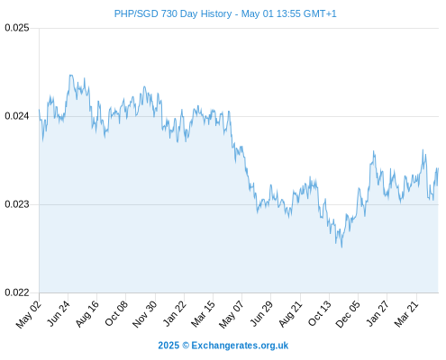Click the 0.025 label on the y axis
(17, 28)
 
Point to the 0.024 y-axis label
(17, 116)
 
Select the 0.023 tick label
(17, 204)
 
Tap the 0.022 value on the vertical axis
(17, 292)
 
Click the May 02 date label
(29, 314)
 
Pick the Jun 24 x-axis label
(59, 313)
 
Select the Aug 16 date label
(87, 314)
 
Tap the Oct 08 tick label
(116, 313)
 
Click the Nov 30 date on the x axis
(145, 314)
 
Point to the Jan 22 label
(175, 313)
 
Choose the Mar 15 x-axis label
(203, 314)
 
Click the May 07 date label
(232, 314)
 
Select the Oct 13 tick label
(320, 313)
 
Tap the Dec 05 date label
(348, 314)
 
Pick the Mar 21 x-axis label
(406, 314)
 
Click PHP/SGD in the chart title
(136, 13)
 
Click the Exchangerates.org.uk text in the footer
(240, 346)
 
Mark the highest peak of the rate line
(70, 75)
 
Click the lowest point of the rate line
(341, 247)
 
